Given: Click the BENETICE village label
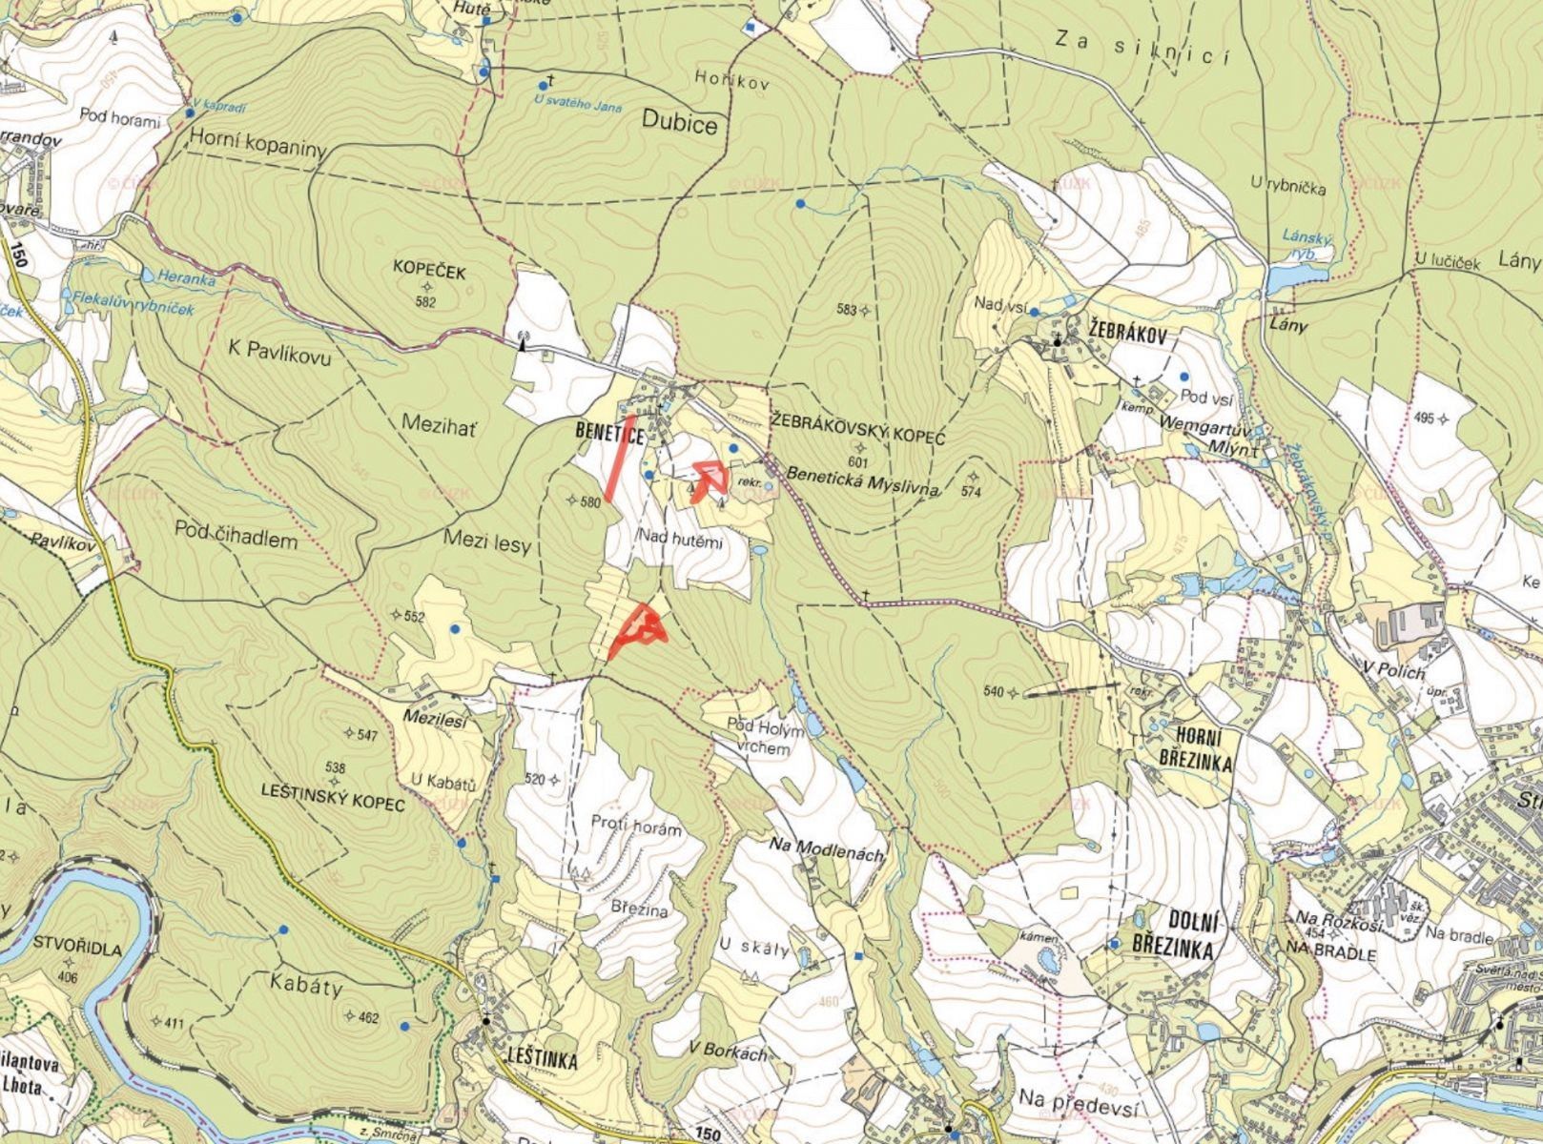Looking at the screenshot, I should pos(609,433).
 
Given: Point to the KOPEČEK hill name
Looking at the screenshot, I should pos(429,273).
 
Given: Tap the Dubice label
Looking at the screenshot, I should pos(679,125).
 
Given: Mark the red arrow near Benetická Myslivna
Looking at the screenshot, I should pos(707,478).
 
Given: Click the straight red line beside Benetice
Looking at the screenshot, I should pos(621,459).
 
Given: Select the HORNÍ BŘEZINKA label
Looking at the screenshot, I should pos(1192,749).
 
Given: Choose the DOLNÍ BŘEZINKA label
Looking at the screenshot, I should pos(1173,935).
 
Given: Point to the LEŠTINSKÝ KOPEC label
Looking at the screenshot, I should pos(332,804).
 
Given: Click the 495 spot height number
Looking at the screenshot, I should pos(1424,419).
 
